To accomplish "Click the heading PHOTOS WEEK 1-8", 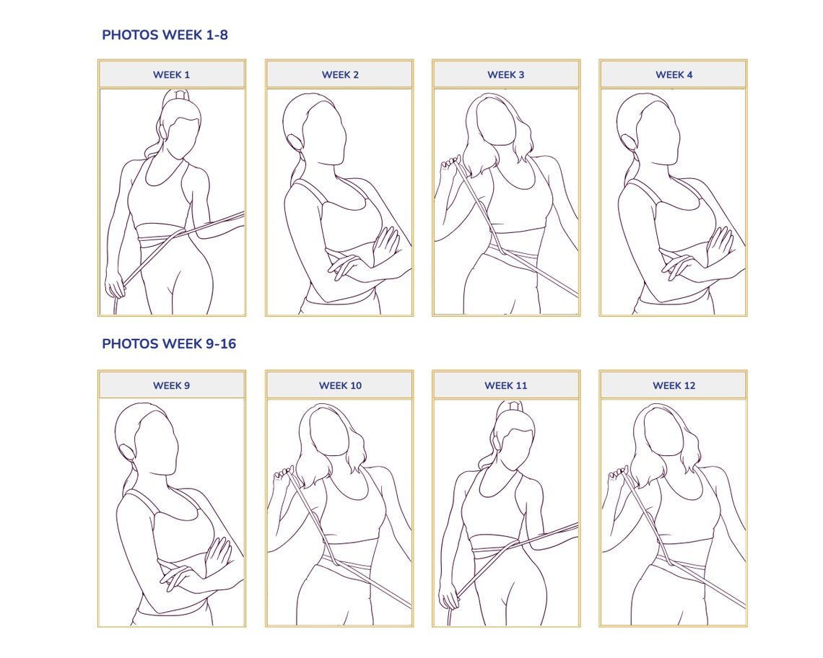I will (165, 35).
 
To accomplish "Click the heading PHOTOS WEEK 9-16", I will (169, 343).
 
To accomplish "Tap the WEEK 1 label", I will (172, 74).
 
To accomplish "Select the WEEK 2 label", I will (339, 74).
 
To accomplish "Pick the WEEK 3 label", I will (506, 74).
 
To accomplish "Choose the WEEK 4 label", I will (674, 74).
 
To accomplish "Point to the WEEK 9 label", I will (172, 385).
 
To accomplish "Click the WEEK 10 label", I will (339, 385).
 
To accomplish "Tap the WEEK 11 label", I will (506, 385).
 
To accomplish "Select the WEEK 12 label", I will (674, 385).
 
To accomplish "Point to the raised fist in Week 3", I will (451, 163).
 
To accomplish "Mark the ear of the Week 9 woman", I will (129, 451).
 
